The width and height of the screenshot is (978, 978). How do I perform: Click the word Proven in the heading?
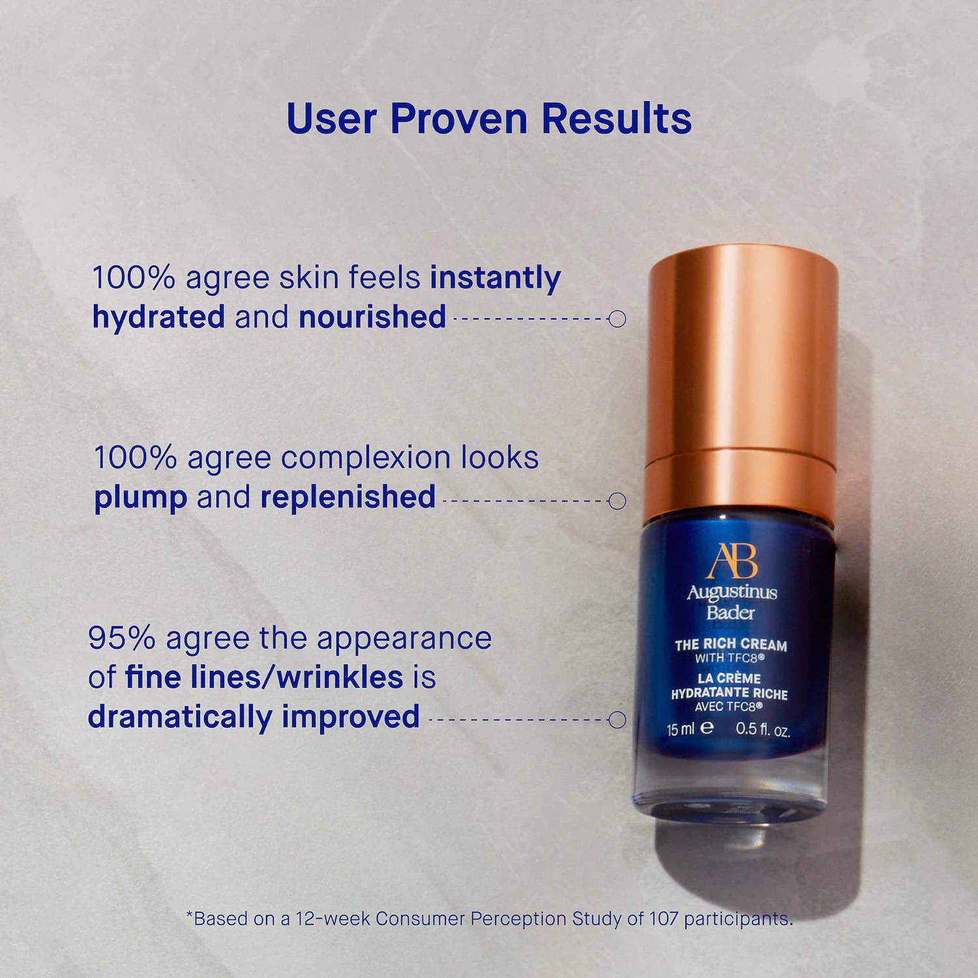point(458,119)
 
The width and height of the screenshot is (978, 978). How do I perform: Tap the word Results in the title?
point(616,119)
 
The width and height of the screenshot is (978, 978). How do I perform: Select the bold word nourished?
point(372,317)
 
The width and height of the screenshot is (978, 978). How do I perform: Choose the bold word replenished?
point(348,497)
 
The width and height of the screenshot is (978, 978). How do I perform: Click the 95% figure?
point(121,638)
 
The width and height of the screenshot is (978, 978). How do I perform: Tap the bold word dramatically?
point(180,717)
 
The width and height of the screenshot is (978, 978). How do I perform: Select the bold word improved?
point(351,718)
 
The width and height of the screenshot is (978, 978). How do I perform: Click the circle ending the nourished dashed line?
point(617,319)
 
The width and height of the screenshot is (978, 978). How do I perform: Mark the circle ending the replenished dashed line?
point(617,501)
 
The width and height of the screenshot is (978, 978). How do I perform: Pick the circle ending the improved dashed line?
point(617,720)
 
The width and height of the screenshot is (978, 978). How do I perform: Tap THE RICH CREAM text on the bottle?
point(731,645)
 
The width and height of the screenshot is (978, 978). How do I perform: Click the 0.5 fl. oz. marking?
point(763,730)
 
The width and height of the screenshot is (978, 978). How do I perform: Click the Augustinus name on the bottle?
point(732,593)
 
